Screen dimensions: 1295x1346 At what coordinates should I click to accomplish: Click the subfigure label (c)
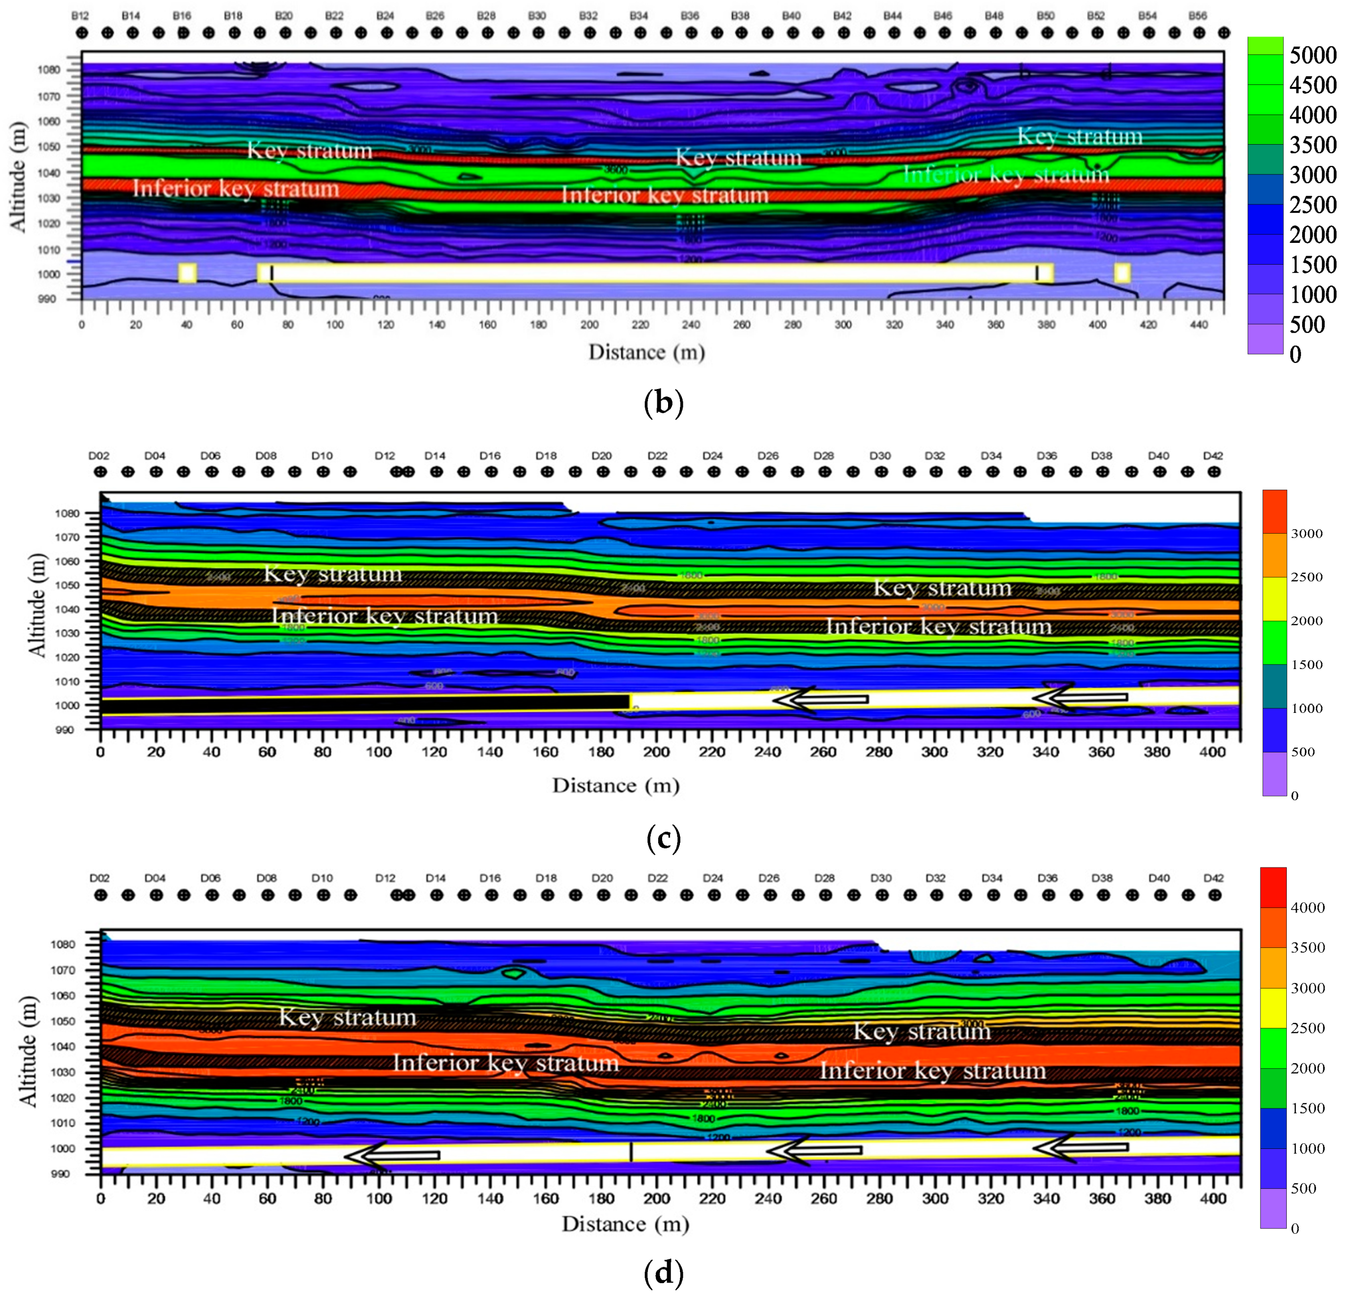pyautogui.click(x=664, y=838)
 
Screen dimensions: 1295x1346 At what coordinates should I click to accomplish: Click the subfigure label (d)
pyautogui.click(x=664, y=1274)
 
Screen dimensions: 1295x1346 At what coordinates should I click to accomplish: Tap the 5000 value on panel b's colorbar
pyautogui.click(x=1312, y=55)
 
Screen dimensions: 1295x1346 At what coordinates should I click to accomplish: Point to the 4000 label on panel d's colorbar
pyautogui.click(x=1307, y=908)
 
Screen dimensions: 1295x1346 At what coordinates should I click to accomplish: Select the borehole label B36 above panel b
pyautogui.click(x=689, y=16)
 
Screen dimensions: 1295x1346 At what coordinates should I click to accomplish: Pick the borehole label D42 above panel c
pyautogui.click(x=1214, y=456)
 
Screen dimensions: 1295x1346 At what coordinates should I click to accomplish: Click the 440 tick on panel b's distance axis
pyautogui.click(x=1198, y=325)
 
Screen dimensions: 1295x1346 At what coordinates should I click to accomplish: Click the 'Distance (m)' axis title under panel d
pyautogui.click(x=625, y=1223)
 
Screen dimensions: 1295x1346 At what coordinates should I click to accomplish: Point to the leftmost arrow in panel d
pyautogui.click(x=392, y=1156)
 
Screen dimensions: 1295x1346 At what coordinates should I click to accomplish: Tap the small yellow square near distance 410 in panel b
pyautogui.click(x=1122, y=273)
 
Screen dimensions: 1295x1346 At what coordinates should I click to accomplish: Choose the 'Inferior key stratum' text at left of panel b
pyautogui.click(x=236, y=189)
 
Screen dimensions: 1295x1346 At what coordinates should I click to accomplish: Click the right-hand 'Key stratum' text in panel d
pyautogui.click(x=921, y=1032)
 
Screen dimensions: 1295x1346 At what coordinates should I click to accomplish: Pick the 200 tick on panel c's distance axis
pyautogui.click(x=657, y=752)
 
